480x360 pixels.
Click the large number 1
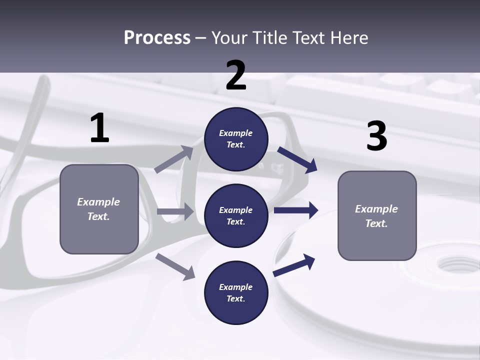click(x=99, y=128)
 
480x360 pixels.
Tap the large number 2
click(x=236, y=75)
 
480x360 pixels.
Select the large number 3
click(x=376, y=136)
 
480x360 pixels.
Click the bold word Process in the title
click(x=157, y=37)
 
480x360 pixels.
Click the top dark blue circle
click(x=236, y=139)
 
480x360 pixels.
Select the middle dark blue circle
click(x=236, y=215)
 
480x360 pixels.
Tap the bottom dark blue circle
click(x=236, y=292)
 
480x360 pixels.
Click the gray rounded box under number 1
click(x=99, y=209)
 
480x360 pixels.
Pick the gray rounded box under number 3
click(x=377, y=215)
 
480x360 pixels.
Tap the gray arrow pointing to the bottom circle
click(x=175, y=266)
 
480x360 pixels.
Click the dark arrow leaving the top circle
click(x=298, y=159)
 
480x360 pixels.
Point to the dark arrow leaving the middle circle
click(x=296, y=210)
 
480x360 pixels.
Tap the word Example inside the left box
click(x=98, y=202)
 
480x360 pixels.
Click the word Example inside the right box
click(x=376, y=209)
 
